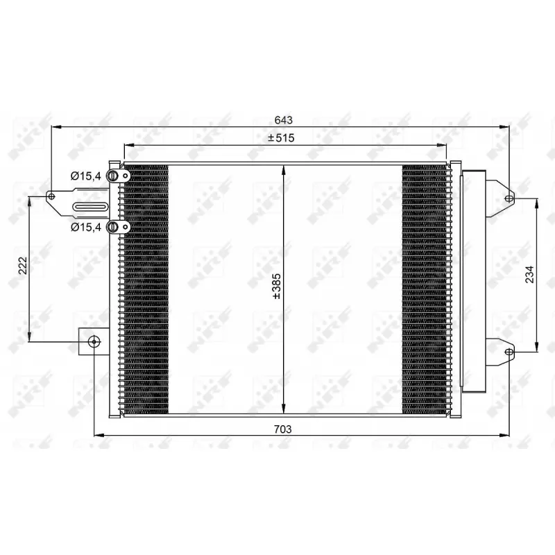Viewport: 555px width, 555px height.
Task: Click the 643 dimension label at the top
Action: [282, 119]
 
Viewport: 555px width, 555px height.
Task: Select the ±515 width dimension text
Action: [282, 138]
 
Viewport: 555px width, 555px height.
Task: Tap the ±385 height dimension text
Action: [276, 286]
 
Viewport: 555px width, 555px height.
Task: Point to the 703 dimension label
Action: [282, 429]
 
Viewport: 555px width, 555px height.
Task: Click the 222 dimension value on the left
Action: [22, 267]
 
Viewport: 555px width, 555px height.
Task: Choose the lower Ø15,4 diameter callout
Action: [86, 227]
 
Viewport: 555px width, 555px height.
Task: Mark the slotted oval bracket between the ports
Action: [90, 206]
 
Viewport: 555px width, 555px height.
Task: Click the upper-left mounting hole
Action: [52, 197]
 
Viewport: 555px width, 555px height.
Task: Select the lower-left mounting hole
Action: [94, 341]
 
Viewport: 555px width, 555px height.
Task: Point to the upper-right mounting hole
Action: [509, 198]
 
